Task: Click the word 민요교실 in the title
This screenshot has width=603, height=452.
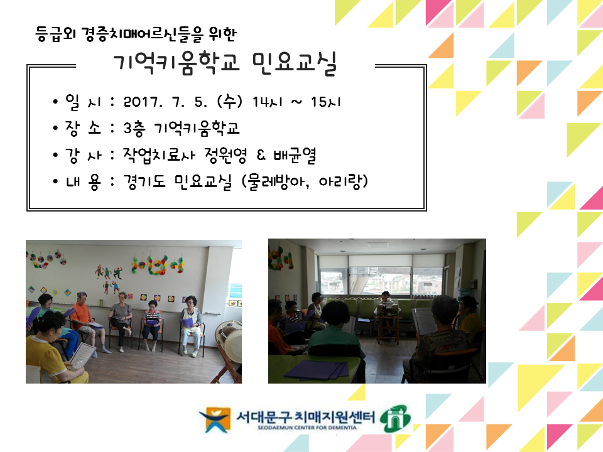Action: pyautogui.click(x=295, y=63)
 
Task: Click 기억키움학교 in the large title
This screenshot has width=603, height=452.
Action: pyautogui.click(x=177, y=63)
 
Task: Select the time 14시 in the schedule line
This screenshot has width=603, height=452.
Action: pyautogui.click(x=268, y=102)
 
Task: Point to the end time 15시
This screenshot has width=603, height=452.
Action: pyautogui.click(x=326, y=102)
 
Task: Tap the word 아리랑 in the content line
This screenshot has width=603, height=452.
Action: pyautogui.click(x=340, y=181)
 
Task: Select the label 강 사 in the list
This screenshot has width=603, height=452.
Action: pyautogui.click(x=83, y=155)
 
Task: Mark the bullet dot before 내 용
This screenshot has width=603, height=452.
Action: pyautogui.click(x=56, y=181)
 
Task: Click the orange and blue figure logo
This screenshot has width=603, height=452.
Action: pyautogui.click(x=215, y=419)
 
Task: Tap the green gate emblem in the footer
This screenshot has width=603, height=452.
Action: pyautogui.click(x=395, y=418)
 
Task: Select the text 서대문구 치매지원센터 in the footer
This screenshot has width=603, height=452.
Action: pyautogui.click(x=305, y=417)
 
